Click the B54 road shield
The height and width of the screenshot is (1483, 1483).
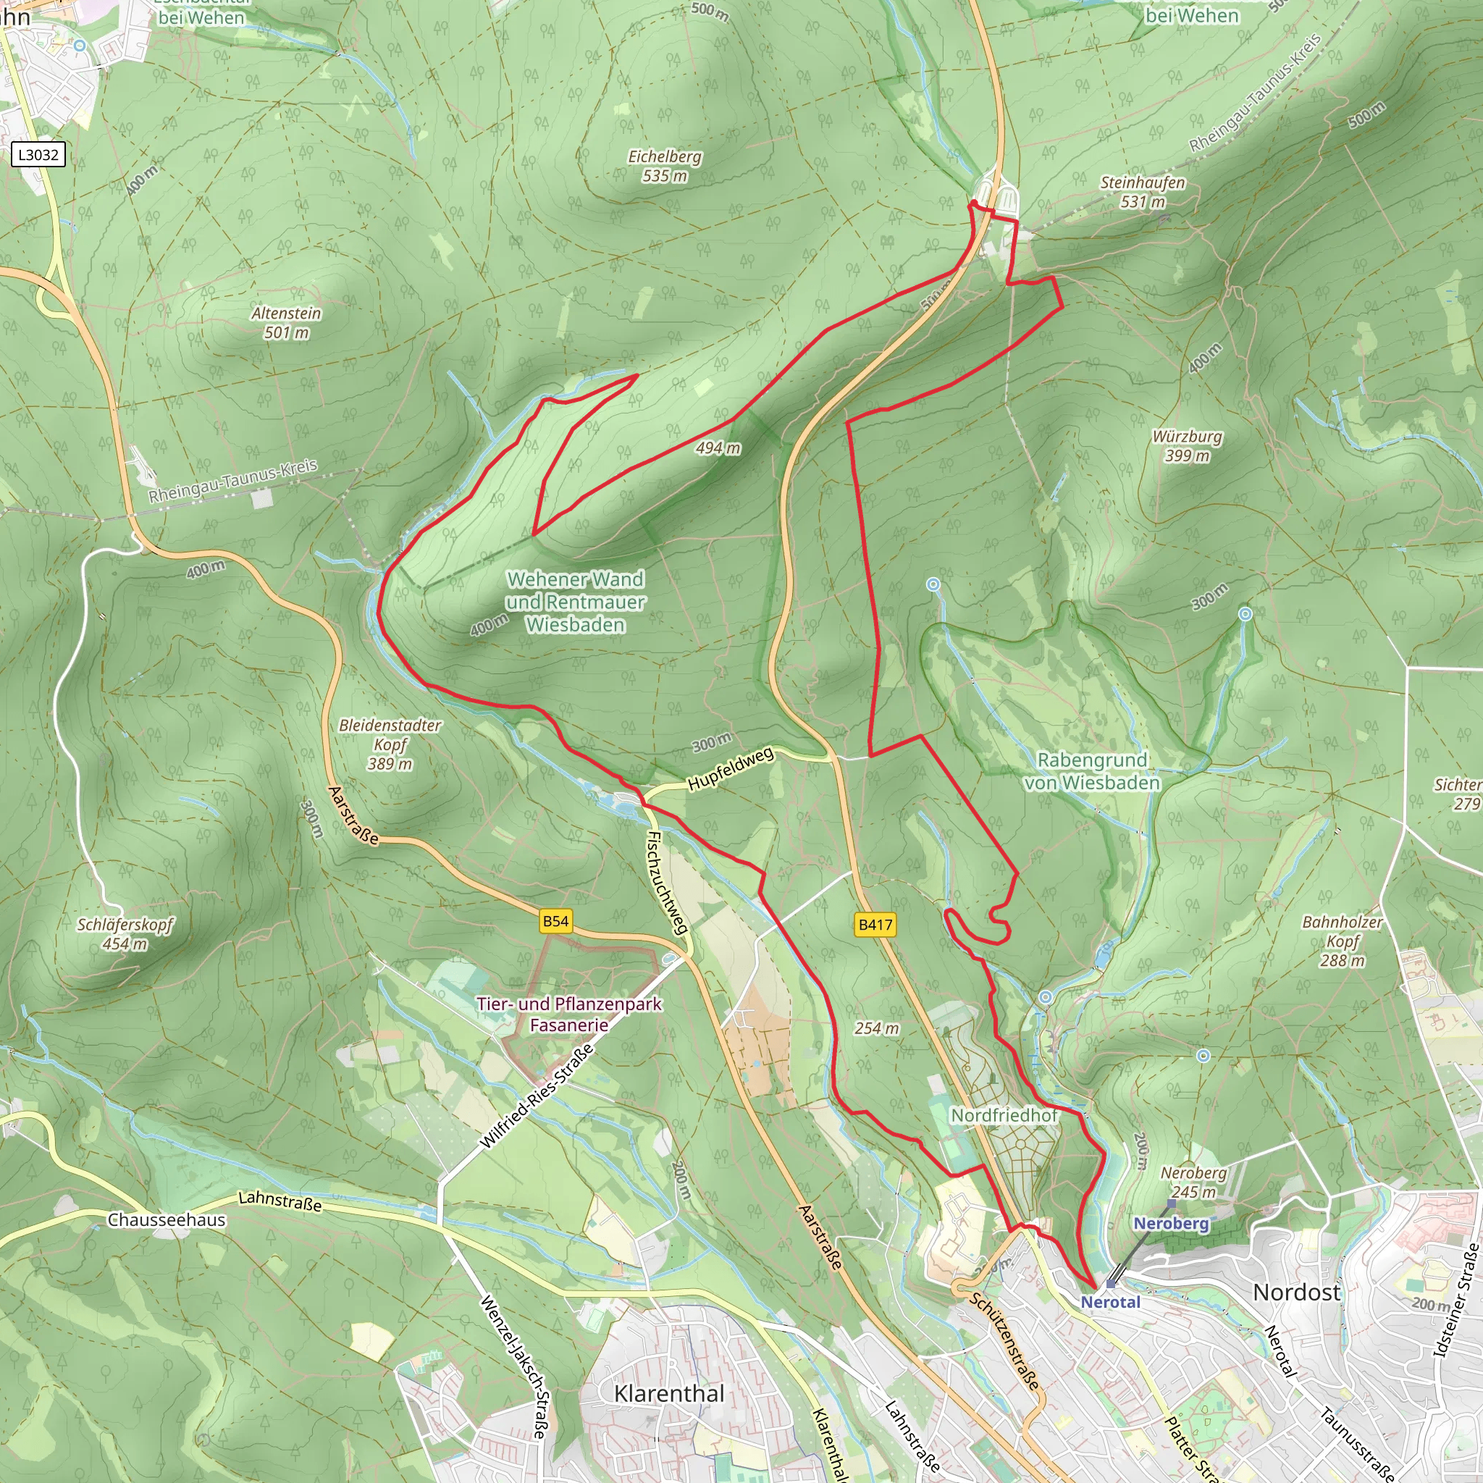[555, 921]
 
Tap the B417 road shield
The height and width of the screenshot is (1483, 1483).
[875, 924]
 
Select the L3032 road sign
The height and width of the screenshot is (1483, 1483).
[38, 154]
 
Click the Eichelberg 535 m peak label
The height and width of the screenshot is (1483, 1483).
[665, 166]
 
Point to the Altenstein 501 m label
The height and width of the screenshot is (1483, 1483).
[286, 322]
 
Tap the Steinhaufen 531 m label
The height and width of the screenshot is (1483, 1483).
[1142, 192]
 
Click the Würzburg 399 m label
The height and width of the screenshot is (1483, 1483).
[1187, 445]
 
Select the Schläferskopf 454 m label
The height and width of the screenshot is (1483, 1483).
[125, 933]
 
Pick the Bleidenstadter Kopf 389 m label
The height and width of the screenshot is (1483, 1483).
[390, 744]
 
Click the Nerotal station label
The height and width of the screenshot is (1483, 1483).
[1110, 1302]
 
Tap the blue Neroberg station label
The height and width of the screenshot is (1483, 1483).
[1171, 1224]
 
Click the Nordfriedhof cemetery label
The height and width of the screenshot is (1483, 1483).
[1004, 1114]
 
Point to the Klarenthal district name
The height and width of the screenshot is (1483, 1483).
[668, 1393]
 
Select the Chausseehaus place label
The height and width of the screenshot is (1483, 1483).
[167, 1219]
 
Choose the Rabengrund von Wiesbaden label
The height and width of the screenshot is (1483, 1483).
[1091, 770]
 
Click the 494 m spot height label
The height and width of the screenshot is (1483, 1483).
[718, 448]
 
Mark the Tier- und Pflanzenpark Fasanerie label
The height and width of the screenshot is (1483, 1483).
[568, 1014]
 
